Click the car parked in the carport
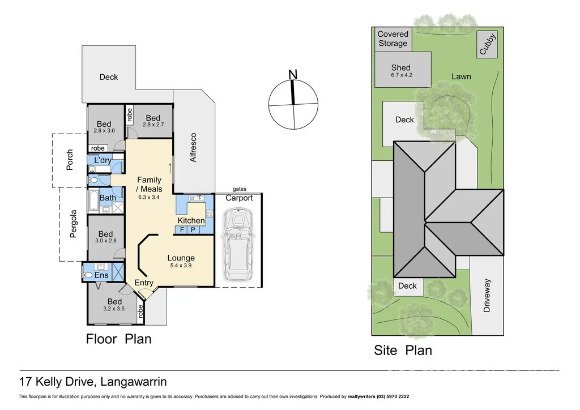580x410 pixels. [238, 245]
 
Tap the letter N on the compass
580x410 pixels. [293, 75]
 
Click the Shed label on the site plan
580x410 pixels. [400, 68]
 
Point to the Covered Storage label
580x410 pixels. [393, 39]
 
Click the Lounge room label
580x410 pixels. [181, 258]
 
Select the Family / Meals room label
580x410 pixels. [149, 185]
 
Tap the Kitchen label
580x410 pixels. [191, 220]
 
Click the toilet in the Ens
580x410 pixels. [87, 275]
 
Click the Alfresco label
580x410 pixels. [193, 148]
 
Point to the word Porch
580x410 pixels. [70, 160]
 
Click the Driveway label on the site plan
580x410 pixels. [487, 295]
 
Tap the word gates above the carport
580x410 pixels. [239, 189]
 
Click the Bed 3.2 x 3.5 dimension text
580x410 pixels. [114, 309]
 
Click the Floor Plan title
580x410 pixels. [118, 339]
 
